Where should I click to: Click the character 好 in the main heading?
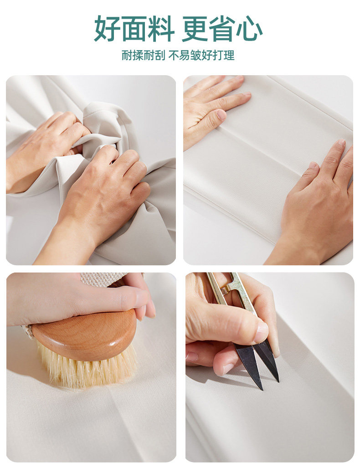click(108, 29)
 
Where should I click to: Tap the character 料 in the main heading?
click(161, 29)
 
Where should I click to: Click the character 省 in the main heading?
click(222, 29)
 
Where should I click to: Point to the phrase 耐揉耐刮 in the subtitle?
click(143, 56)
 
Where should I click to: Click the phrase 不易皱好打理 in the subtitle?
click(201, 56)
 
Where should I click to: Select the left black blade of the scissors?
click(250, 365)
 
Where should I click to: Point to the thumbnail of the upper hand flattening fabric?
click(221, 115)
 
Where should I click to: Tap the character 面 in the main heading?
click(134, 29)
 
